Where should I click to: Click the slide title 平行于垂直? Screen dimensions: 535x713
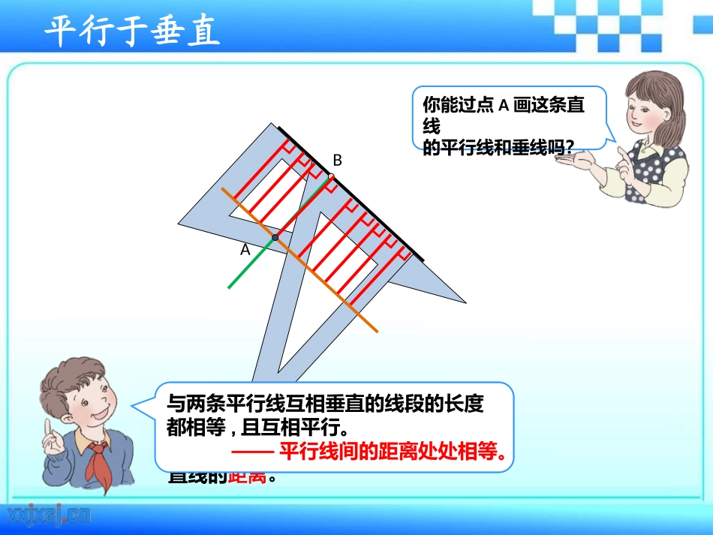[131, 32]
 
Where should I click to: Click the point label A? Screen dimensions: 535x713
[245, 251]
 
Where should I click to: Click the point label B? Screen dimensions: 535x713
[337, 160]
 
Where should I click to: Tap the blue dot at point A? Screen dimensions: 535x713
[275, 237]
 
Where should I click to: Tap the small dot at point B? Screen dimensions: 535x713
[331, 176]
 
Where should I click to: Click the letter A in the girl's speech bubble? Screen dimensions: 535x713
[504, 106]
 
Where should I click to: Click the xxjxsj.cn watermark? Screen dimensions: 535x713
[48, 515]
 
